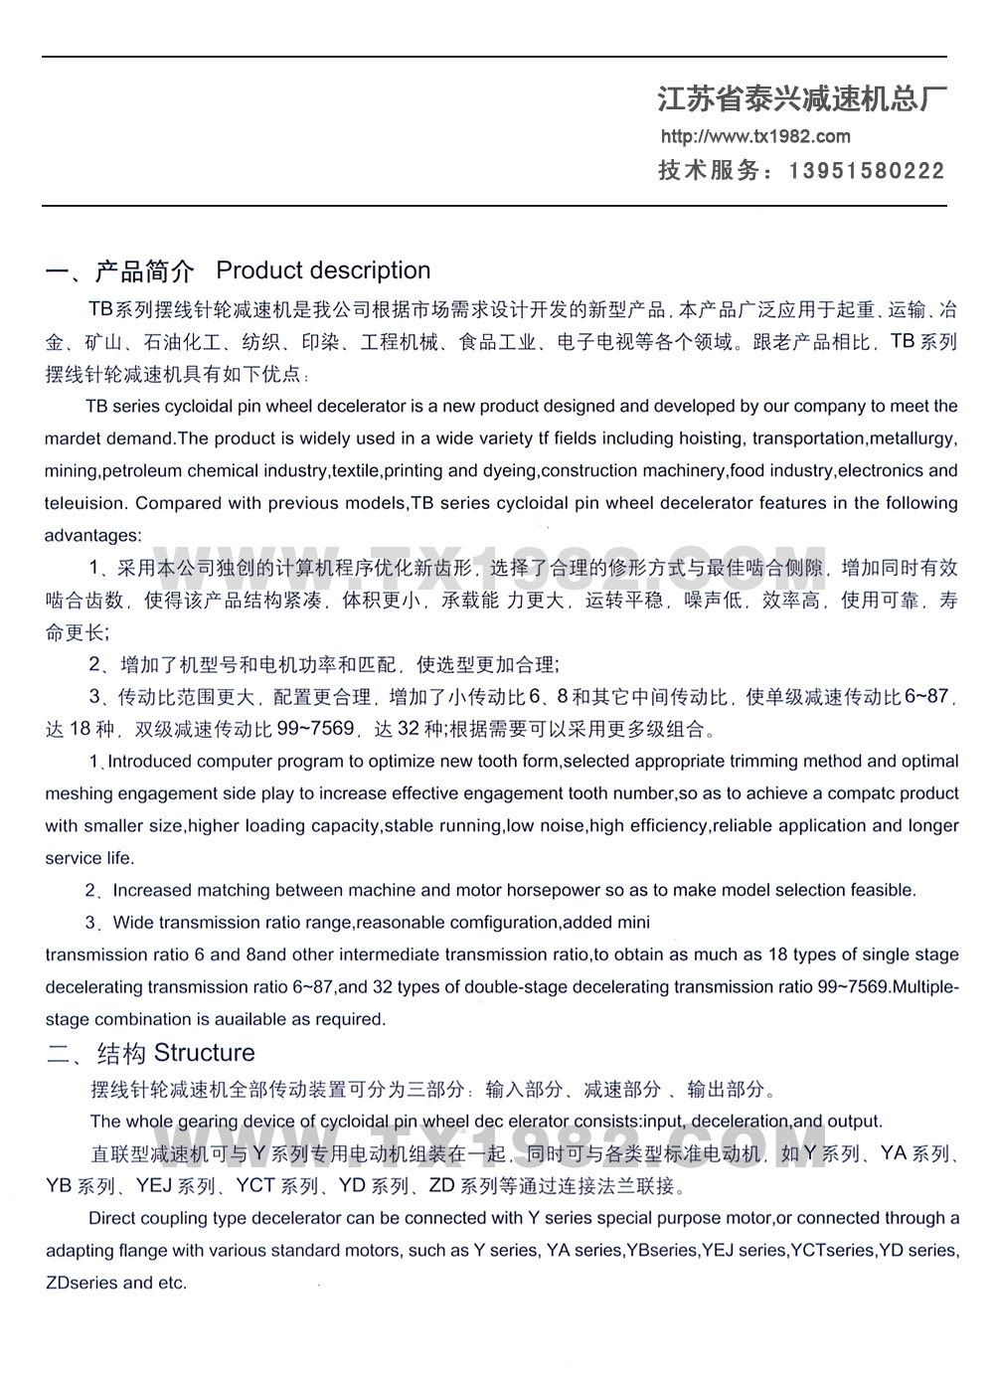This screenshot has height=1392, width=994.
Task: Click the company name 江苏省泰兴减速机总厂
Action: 801,98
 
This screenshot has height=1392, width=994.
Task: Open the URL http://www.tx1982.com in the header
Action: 755,136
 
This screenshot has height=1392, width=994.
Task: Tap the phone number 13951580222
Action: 867,171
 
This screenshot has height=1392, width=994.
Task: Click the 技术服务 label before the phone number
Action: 709,171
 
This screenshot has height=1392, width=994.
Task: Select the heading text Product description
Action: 323,270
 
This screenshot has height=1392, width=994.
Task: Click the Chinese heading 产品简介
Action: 144,270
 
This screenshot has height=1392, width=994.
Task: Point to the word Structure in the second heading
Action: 204,1053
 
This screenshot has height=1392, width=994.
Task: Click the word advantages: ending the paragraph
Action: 92,536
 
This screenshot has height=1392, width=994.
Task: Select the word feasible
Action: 878,890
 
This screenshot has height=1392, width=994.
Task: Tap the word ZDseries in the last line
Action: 82,1283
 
